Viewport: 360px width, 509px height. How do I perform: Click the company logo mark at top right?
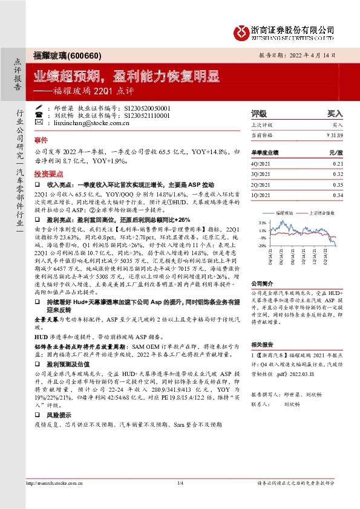coord(242,30)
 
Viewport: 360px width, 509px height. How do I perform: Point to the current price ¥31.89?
coord(334,135)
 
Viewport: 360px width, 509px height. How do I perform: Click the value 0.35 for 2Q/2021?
coord(338,184)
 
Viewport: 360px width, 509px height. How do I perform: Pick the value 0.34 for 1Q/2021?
coord(338,194)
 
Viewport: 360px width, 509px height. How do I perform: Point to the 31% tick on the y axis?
coord(263,222)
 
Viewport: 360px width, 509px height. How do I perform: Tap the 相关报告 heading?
coord(261,343)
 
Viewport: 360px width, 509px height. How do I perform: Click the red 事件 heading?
coord(41,139)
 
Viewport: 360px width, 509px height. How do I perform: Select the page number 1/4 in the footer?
coord(180,499)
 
